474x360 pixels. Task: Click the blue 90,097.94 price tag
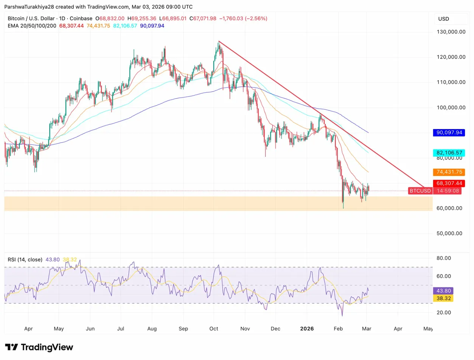pyautogui.click(x=449, y=133)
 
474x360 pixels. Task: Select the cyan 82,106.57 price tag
pyautogui.click(x=449, y=153)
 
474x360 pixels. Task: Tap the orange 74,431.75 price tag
pyautogui.click(x=449, y=172)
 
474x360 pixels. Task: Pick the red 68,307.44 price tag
pyautogui.click(x=449, y=183)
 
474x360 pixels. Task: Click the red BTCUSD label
pyautogui.click(x=420, y=191)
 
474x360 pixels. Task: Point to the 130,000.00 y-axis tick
pyautogui.click(x=449, y=32)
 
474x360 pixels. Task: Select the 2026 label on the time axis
pyautogui.click(x=306, y=329)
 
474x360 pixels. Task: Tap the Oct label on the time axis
pyautogui.click(x=214, y=329)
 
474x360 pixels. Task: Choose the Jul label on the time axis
pyautogui.click(x=121, y=329)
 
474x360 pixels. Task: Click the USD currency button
pyautogui.click(x=444, y=19)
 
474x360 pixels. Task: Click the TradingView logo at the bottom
pyautogui.click(x=39, y=347)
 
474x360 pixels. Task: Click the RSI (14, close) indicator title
pyautogui.click(x=25, y=259)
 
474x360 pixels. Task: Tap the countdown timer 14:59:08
pyautogui.click(x=449, y=191)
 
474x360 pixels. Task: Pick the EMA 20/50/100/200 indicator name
pyautogui.click(x=32, y=26)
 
